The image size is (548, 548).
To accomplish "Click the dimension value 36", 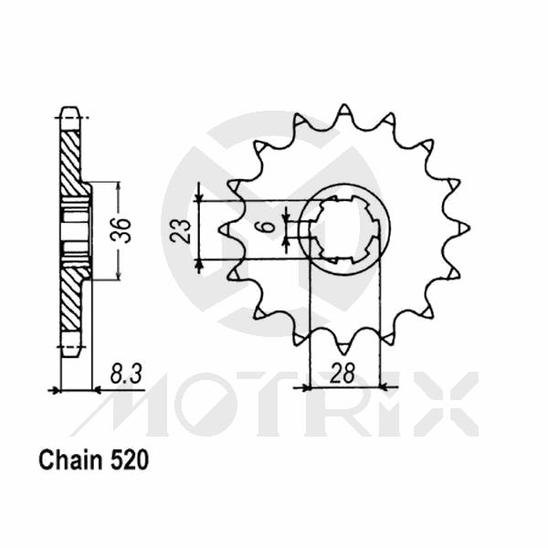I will tap(125, 229).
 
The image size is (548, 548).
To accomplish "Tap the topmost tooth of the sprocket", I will tap(344, 112).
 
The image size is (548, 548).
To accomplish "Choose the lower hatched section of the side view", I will tap(71, 297).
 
